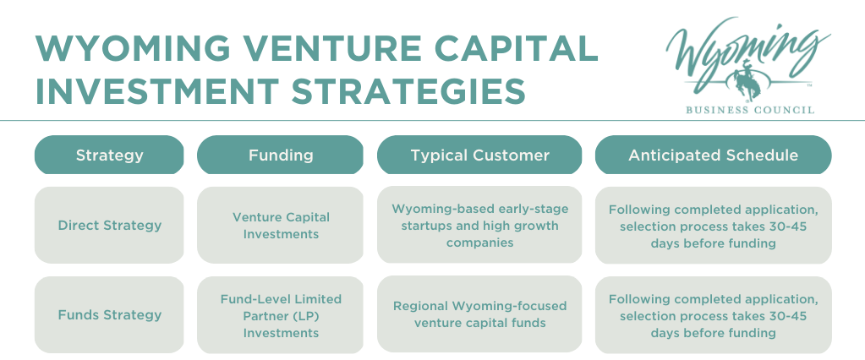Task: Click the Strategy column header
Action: coord(109,155)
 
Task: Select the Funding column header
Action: coord(280,155)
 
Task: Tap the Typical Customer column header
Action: coord(479,155)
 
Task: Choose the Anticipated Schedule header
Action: coord(714,155)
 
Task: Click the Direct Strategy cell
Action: coord(109,225)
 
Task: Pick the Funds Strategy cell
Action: coord(109,315)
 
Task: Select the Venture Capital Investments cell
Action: coord(280,225)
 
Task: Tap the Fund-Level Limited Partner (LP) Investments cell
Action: coord(280,315)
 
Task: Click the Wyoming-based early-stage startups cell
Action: coord(479,225)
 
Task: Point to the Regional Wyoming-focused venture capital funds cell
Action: coord(479,314)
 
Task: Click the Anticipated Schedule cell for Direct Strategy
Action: coord(714,226)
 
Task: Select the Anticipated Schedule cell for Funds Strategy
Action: coord(714,315)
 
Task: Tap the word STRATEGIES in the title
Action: coord(408,91)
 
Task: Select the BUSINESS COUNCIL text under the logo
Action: coord(750,110)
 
